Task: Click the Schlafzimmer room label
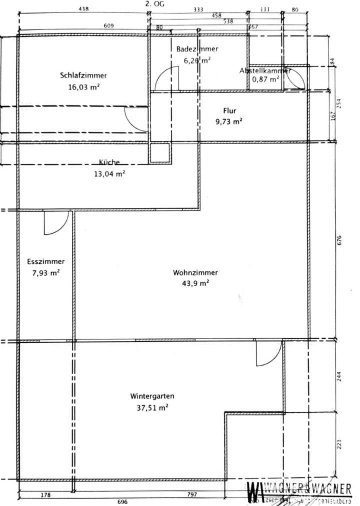83,75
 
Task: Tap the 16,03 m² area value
83,86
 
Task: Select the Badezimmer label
196,49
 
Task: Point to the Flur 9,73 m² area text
229,121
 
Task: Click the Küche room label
109,162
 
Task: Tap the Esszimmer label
45,261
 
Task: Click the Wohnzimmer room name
195,272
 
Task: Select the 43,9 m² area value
195,283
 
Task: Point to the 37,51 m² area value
152,407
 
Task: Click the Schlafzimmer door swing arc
135,118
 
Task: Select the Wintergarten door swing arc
267,353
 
